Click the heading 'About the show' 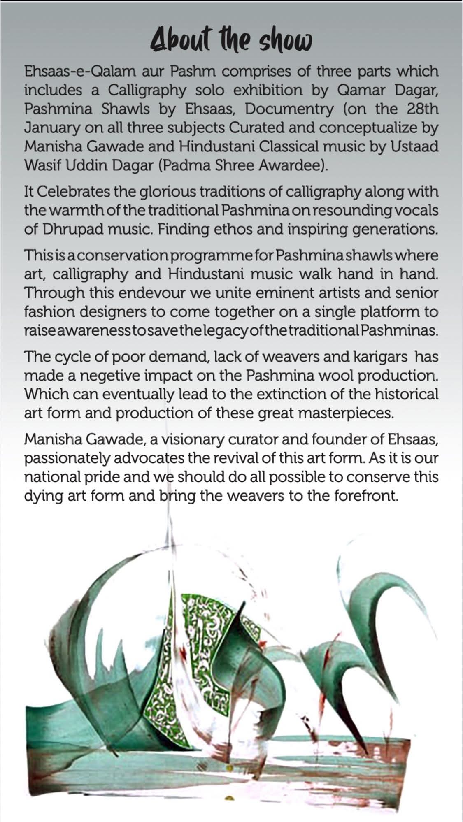pos(231,42)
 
